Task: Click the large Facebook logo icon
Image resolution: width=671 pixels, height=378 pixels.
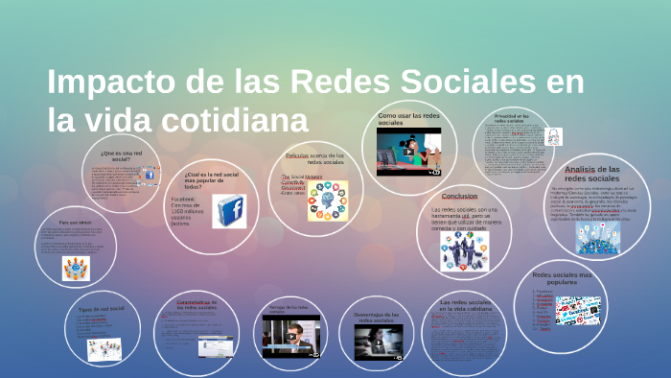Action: pyautogui.click(x=229, y=210)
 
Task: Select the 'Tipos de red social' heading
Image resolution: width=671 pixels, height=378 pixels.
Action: pyautogui.click(x=102, y=309)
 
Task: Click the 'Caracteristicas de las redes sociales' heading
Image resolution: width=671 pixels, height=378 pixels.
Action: pyautogui.click(x=197, y=304)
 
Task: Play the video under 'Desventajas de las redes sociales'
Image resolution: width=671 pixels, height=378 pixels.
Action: pyautogui.click(x=378, y=339)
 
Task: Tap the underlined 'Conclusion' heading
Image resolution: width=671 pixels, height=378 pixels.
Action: pyautogui.click(x=460, y=197)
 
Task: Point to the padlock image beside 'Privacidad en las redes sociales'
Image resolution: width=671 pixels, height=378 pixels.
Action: pyautogui.click(x=552, y=138)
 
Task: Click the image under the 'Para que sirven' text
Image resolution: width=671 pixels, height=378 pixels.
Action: pyautogui.click(x=75, y=269)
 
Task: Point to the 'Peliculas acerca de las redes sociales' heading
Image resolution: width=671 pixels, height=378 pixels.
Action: pyautogui.click(x=314, y=158)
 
